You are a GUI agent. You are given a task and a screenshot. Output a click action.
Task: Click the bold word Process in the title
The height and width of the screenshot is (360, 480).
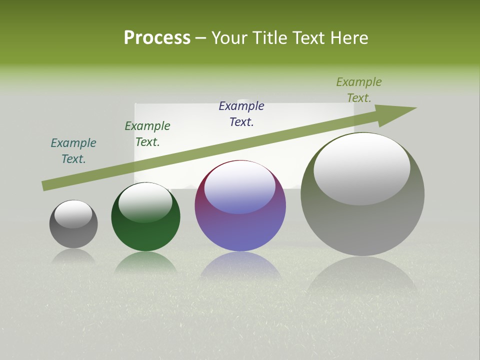[157, 37]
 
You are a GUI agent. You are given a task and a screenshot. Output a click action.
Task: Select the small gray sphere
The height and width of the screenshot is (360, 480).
[73, 232]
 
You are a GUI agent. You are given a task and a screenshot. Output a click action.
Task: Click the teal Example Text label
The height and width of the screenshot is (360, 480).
[73, 151]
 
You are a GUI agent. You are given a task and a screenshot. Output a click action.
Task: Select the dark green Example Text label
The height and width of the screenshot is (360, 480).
[147, 134]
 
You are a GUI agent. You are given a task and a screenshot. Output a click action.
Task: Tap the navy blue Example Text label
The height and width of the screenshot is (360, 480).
[241, 114]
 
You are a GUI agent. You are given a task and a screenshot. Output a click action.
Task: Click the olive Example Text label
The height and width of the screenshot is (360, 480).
[359, 90]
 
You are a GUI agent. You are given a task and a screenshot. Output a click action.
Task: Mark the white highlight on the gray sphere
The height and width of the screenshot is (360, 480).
[73, 213]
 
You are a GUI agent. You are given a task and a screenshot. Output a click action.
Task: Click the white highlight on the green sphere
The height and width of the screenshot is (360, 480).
[145, 201]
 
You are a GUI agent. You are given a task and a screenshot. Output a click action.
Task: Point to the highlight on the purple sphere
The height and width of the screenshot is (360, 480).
[240, 187]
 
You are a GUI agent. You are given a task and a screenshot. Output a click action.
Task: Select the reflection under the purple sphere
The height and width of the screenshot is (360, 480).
[240, 265]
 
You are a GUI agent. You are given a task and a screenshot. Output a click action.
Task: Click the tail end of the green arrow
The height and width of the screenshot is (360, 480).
[46, 185]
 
